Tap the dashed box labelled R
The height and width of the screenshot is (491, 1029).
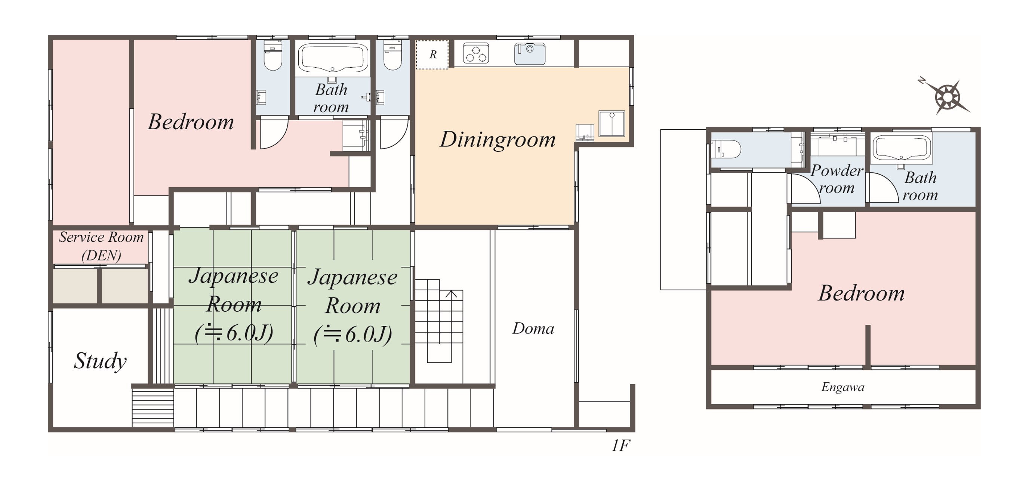[432, 55]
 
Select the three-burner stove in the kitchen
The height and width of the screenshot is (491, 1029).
[476, 53]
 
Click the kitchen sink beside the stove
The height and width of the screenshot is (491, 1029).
[530, 53]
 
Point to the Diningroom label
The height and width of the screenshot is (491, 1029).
[497, 139]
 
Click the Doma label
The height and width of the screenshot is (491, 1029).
[533, 328]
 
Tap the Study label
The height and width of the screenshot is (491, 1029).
[100, 361]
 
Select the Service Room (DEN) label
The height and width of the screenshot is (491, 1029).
[101, 246]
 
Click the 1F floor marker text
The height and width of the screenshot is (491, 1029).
[620, 445]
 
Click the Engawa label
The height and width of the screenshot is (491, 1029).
[842, 387]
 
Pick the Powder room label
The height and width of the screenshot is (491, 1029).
[837, 179]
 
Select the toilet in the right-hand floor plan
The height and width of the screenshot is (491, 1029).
[726, 149]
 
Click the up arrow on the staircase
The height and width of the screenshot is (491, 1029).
[451, 294]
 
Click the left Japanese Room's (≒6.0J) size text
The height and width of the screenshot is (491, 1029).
[234, 333]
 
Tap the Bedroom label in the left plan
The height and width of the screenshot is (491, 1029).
[191, 122]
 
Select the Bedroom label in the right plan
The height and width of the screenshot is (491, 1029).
[861, 293]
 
